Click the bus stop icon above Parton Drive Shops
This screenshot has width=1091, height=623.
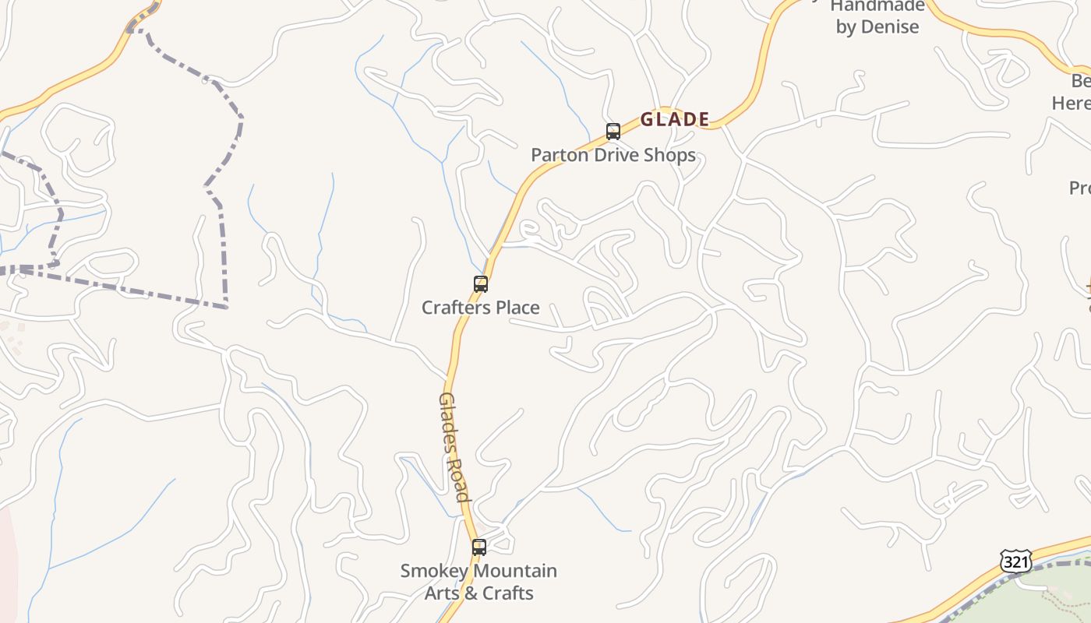pyautogui.click(x=613, y=131)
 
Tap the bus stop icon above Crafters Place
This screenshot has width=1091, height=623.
pyautogui.click(x=481, y=284)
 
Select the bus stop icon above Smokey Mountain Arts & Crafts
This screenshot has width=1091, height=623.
pyautogui.click(x=479, y=547)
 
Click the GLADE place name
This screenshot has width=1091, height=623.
pyautogui.click(x=675, y=119)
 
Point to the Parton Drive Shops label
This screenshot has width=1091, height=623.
pyautogui.click(x=613, y=155)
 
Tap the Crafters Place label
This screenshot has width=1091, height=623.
pyautogui.click(x=481, y=308)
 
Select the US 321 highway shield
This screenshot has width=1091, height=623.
pyautogui.click(x=1016, y=561)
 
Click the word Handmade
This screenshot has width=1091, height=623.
pyautogui.click(x=877, y=6)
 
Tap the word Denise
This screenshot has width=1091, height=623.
pyautogui.click(x=889, y=26)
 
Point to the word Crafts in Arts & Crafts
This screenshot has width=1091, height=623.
pyautogui.click(x=507, y=593)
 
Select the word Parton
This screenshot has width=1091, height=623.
pyautogui.click(x=558, y=155)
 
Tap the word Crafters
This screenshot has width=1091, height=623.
pyautogui.click(x=457, y=308)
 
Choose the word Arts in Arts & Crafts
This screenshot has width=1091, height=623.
pyautogui.click(x=441, y=593)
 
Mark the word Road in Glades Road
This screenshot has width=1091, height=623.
pyautogui.click(x=459, y=476)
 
